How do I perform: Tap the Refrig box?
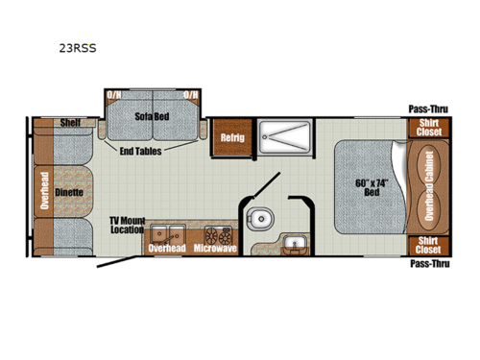pos(229,136)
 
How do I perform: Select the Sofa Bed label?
pos(153,115)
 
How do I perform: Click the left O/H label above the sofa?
pos(114,96)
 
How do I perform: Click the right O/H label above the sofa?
pos(192,96)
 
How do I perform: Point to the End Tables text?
pos(140,151)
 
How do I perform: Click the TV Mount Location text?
pos(127,226)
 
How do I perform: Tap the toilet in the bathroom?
pos(256,219)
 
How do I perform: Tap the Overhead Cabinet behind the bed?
pos(428,184)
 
